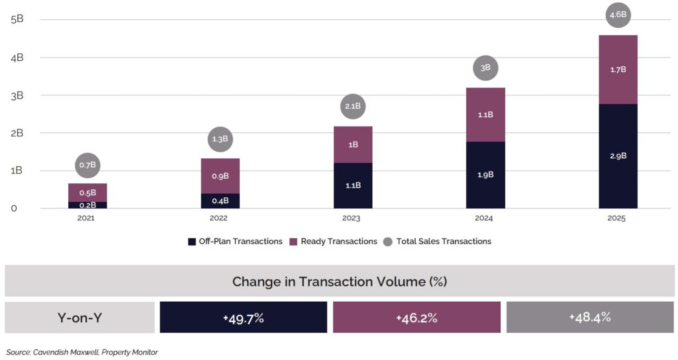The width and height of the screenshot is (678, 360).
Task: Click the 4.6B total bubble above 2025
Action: [x=618, y=15]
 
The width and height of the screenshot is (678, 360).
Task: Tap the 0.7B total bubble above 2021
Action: [x=87, y=165]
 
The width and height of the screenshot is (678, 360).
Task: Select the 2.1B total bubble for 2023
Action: [x=352, y=106]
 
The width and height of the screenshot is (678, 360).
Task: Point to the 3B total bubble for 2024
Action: [x=485, y=67]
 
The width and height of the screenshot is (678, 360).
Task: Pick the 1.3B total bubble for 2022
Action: [x=220, y=139]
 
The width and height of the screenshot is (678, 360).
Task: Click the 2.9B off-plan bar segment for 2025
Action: [x=618, y=156]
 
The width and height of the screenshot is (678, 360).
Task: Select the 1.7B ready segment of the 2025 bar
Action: [x=618, y=69]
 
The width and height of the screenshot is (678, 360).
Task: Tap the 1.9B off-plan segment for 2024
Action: [x=485, y=175]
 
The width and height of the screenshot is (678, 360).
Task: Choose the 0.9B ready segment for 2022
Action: [x=220, y=176]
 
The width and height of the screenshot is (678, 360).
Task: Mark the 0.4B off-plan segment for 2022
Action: [x=220, y=201]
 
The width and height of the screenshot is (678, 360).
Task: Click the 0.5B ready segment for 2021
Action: [x=87, y=193]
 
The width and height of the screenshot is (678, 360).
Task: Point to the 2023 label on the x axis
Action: [x=352, y=218]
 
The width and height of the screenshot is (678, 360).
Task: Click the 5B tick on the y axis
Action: [x=17, y=19]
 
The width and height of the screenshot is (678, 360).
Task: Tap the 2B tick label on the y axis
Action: [x=17, y=132]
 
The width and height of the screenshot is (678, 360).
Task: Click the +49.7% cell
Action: [x=244, y=318]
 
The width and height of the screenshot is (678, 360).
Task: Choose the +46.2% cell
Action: [x=416, y=318]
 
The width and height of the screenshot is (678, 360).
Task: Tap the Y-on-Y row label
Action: [x=79, y=318]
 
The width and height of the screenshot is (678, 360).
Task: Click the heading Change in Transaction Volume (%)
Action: [x=339, y=281]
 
